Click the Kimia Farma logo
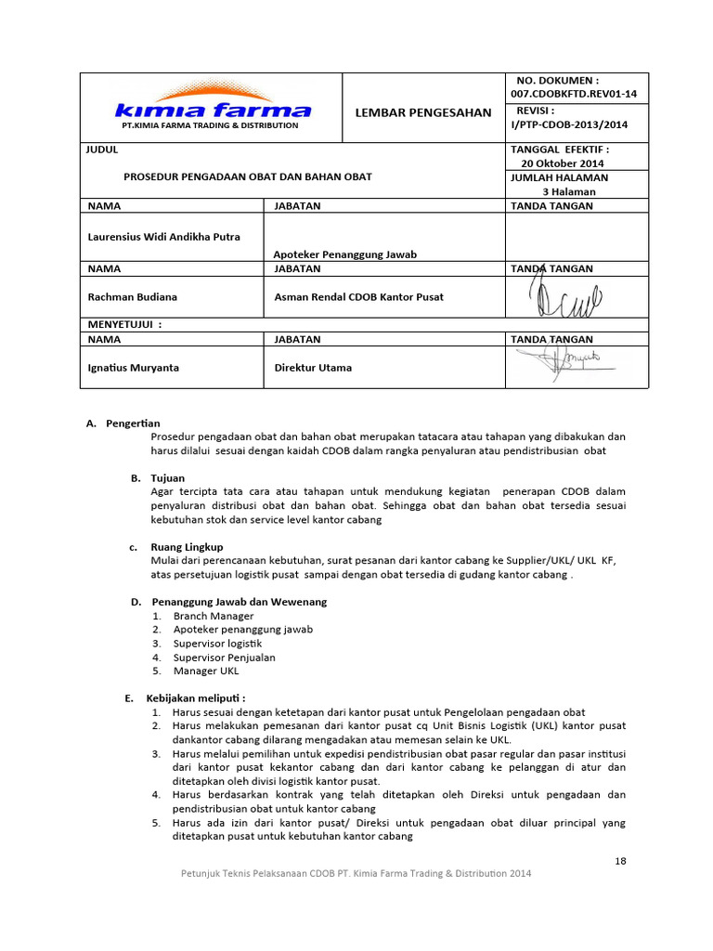pos(213,106)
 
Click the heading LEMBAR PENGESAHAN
pos(422,112)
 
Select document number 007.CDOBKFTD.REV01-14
pos(566,95)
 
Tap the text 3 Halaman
pos(569,191)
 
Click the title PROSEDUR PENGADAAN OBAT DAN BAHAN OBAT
pos(248,176)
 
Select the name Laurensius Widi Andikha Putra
pos(163,237)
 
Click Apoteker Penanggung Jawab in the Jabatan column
pos(344,254)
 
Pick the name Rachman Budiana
pos(132,297)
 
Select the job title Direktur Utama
pos(313,368)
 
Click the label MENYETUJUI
pos(124,325)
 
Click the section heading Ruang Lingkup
pos(187,547)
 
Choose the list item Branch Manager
pos(213,616)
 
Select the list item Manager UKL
pos(207,671)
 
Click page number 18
pos(620,861)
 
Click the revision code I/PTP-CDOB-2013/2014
pos(568,124)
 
